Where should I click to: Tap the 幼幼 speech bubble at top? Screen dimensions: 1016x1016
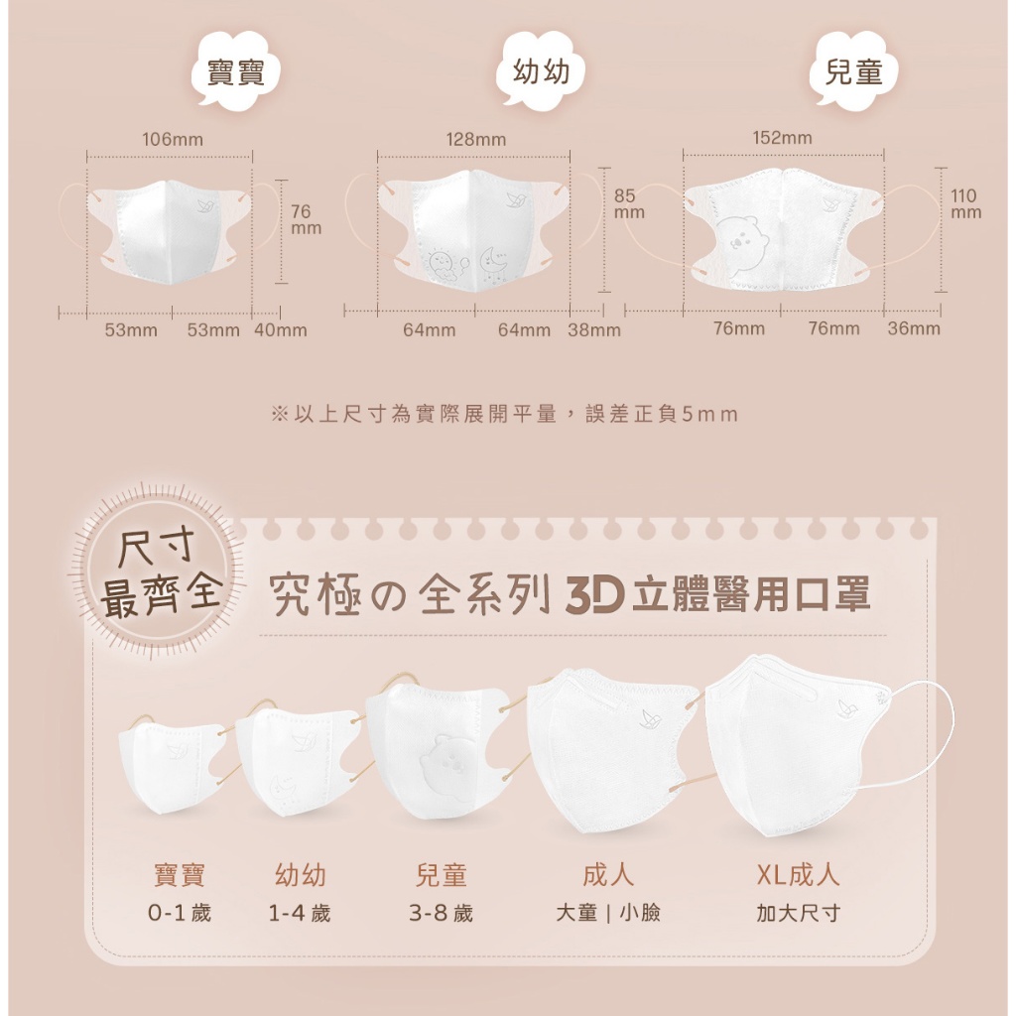541,72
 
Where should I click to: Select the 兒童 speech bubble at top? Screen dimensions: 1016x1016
854,72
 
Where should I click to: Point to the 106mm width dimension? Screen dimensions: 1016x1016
173,139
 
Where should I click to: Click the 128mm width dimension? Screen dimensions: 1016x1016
476,139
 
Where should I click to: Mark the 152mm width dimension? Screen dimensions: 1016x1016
782,138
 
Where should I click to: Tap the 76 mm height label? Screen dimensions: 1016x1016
306,219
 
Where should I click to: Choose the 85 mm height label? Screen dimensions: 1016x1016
628,203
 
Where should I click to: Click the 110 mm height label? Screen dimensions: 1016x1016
965,203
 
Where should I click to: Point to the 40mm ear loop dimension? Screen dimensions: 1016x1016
281,330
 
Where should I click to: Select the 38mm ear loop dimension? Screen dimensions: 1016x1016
594,330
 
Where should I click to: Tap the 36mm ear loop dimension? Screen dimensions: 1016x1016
914,328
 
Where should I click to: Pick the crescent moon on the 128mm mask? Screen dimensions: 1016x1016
490,259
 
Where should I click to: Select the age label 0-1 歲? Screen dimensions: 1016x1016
180,913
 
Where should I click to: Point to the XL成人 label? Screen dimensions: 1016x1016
799,876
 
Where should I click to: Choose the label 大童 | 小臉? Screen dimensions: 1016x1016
608,913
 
